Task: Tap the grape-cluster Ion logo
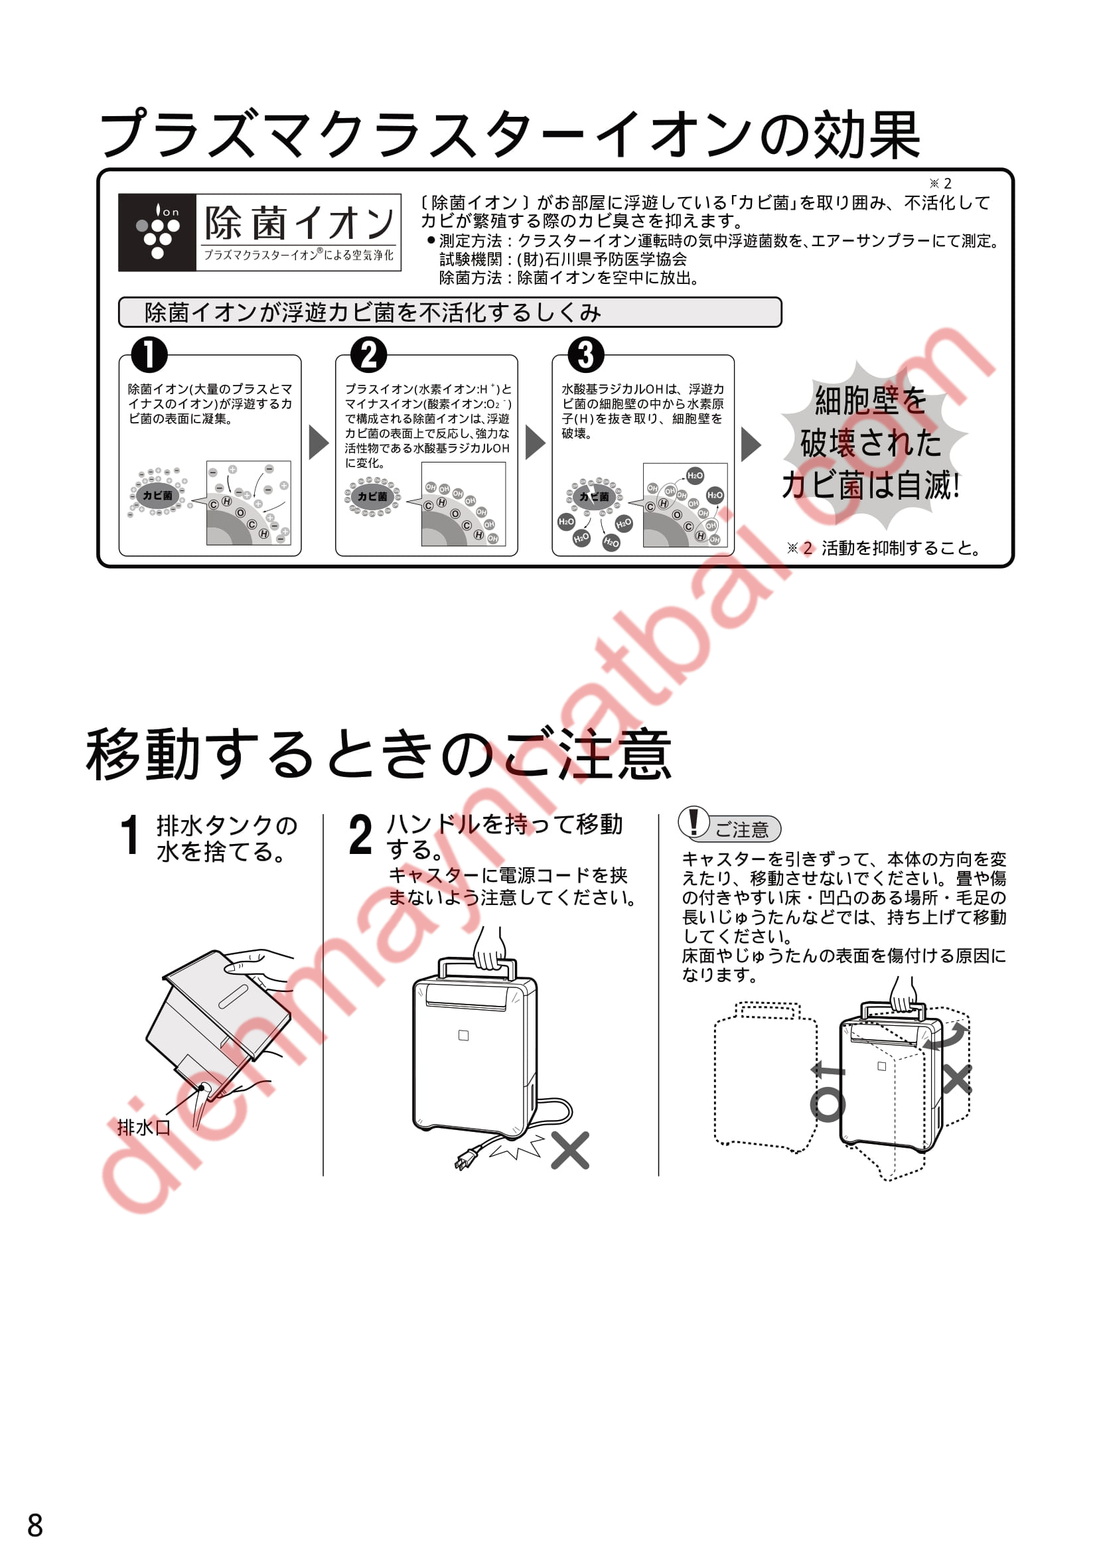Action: pyautogui.click(x=157, y=232)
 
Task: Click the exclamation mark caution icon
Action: pyautogui.click(x=694, y=823)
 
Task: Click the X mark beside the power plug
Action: pyautogui.click(x=570, y=1151)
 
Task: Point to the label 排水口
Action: pyautogui.click(x=143, y=1128)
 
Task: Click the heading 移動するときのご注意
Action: pyautogui.click(x=378, y=755)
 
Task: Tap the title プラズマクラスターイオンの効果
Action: pyautogui.click(x=510, y=135)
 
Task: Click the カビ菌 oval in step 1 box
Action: pyautogui.click(x=157, y=496)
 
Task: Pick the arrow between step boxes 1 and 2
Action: pyautogui.click(x=319, y=443)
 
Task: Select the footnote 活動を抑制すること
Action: pyautogui.click(x=902, y=548)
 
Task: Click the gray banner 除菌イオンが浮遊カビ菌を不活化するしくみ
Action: pyautogui.click(x=450, y=313)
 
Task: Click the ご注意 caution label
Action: pyautogui.click(x=741, y=829)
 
